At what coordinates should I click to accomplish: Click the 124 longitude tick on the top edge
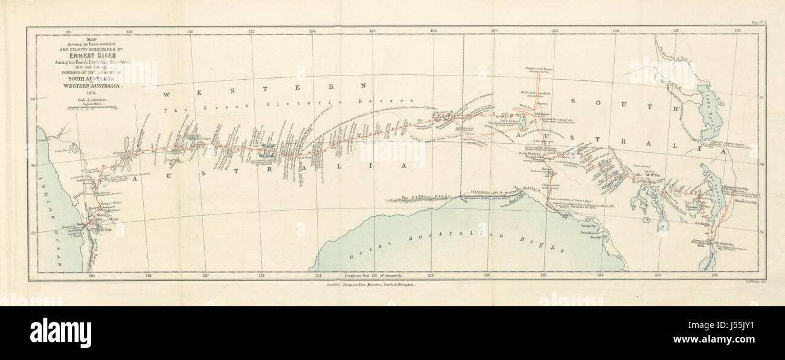coord(312,30)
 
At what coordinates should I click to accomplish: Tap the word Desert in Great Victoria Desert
coord(399,101)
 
